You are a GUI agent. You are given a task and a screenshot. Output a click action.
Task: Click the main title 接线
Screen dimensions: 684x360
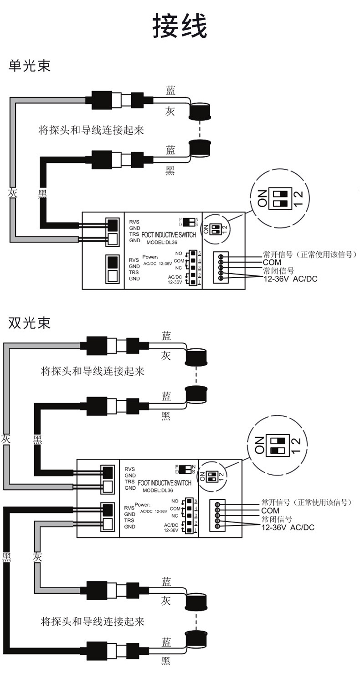click(180, 26)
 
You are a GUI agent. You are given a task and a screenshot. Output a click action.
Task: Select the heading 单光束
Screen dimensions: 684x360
click(29, 66)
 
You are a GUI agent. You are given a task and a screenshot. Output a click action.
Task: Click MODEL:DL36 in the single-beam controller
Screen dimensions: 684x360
click(165, 242)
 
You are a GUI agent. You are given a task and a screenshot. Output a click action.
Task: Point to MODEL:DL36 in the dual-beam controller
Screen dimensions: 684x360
click(158, 490)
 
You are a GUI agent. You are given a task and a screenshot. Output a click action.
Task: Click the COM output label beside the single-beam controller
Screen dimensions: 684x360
click(272, 262)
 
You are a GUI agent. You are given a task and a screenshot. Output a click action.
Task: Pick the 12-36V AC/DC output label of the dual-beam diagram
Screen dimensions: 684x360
click(288, 528)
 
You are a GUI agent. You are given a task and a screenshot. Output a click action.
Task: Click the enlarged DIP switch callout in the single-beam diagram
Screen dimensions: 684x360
click(279, 199)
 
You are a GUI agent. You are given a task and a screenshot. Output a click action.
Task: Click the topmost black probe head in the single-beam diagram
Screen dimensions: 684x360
click(199, 111)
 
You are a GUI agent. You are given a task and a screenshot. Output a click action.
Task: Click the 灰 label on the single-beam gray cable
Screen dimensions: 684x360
click(12, 193)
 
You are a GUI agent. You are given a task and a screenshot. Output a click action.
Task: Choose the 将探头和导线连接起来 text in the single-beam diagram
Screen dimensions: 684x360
click(91, 130)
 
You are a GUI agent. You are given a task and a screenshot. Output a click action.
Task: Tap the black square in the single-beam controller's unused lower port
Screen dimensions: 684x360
click(112, 262)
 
